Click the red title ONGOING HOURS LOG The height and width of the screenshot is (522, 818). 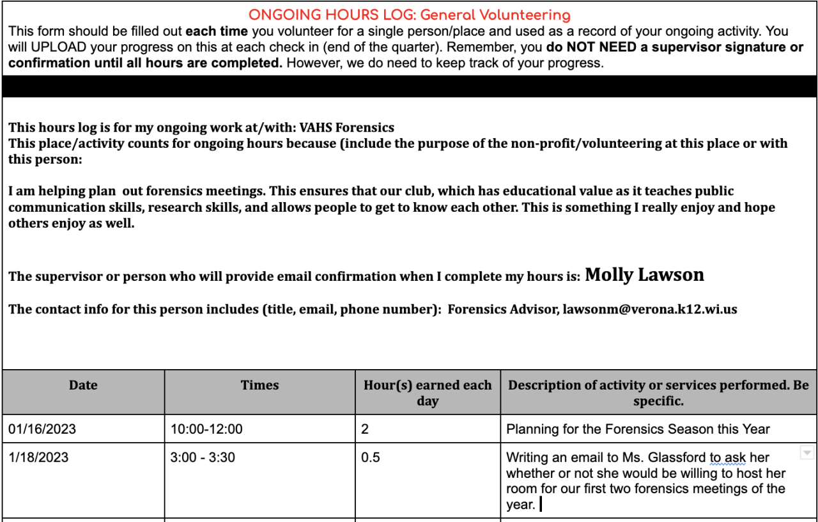point(409,15)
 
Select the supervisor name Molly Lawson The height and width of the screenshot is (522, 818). point(644,275)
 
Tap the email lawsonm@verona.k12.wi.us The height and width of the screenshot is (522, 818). point(649,310)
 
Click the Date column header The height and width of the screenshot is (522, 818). point(83,385)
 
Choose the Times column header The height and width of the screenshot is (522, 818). point(259,385)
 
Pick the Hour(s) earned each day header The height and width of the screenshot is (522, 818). point(428,393)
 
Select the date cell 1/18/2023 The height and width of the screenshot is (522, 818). point(38,458)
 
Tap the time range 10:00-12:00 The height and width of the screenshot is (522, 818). point(206,429)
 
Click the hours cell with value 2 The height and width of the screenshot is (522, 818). point(365,429)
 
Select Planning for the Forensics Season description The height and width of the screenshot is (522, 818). point(638,429)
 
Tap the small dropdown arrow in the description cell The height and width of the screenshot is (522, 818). point(806,453)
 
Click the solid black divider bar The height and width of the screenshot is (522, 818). point(409,86)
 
